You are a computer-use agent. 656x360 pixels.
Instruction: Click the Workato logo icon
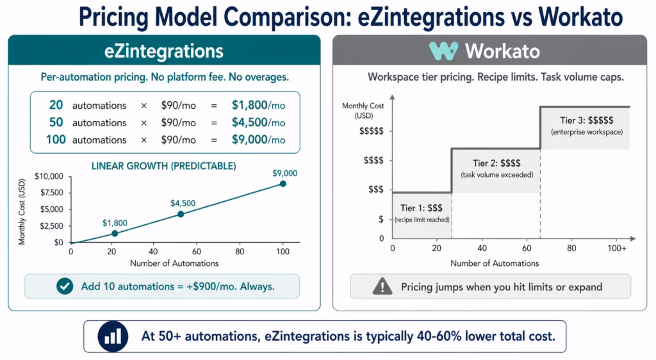tap(443, 51)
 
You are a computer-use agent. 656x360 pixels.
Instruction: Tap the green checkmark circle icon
tap(65, 286)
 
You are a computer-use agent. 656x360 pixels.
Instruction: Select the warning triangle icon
tap(382, 286)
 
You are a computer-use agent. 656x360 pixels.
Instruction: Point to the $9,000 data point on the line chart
tap(283, 184)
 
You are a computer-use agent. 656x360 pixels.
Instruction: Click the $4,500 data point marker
tap(181, 214)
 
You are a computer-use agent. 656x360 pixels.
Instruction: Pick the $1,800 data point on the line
tap(115, 233)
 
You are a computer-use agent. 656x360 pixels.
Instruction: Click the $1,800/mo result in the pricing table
tap(258, 105)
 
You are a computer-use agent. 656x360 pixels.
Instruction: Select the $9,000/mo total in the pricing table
tap(258, 140)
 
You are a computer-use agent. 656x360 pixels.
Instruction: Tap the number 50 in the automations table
tap(56, 122)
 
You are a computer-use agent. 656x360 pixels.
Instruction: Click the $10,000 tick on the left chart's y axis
tap(49, 176)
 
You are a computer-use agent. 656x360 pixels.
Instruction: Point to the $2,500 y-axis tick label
tap(51, 226)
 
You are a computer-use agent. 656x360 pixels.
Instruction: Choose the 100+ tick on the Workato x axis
tap(617, 249)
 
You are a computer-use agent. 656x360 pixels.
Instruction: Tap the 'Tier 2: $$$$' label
tap(496, 163)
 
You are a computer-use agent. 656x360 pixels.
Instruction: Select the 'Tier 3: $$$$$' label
tap(586, 120)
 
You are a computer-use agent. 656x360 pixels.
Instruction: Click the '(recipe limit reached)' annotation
tap(422, 220)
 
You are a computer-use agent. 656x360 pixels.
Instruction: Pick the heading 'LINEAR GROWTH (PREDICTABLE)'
tap(163, 166)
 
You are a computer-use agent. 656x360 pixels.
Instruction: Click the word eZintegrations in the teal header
tap(164, 51)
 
